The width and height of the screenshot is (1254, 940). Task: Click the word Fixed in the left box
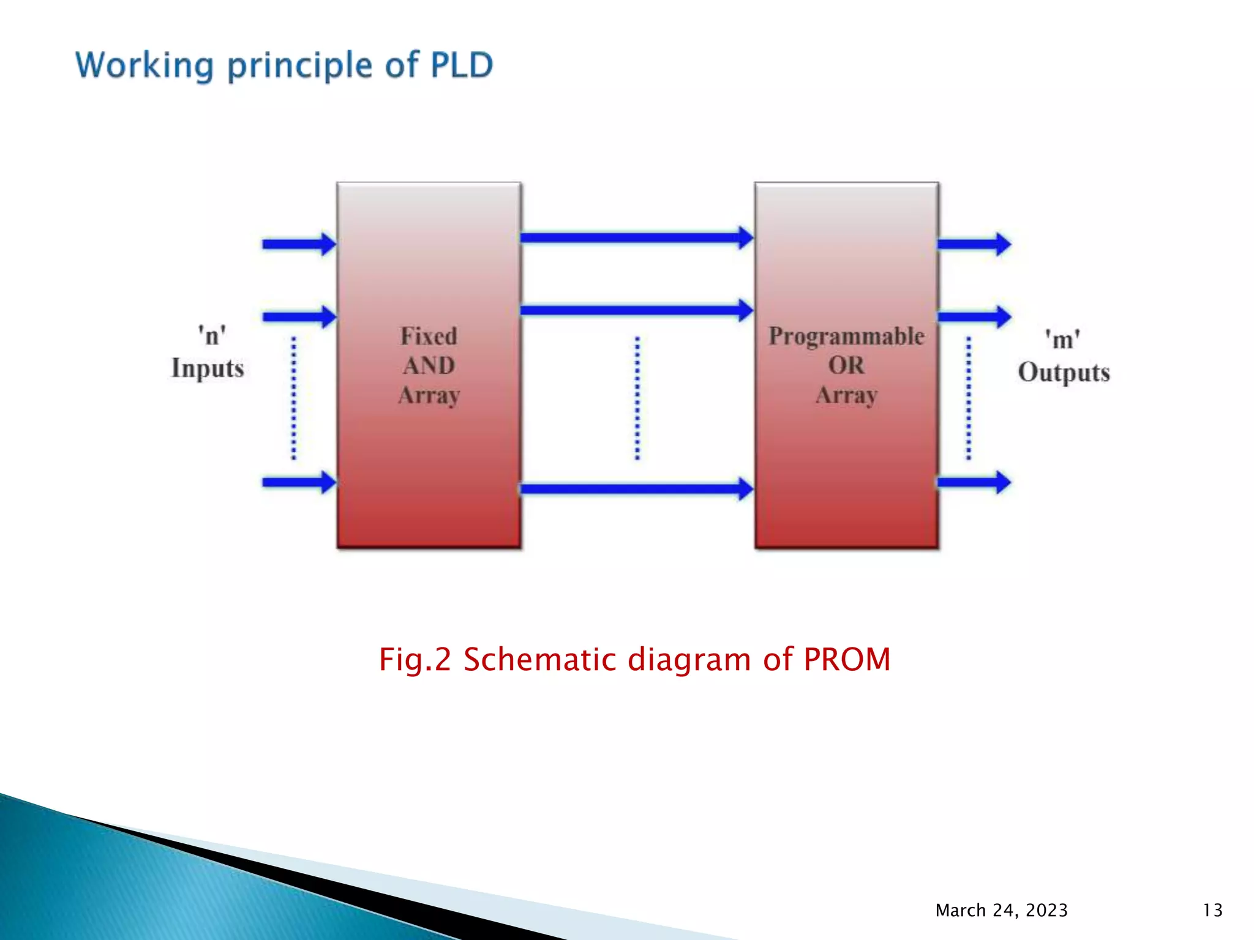(429, 336)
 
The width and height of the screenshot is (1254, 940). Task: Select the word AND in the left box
(429, 365)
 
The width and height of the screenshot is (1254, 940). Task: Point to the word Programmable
(846, 336)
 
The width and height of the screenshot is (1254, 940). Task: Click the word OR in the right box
(846, 365)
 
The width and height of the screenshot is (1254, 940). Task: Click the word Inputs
(208, 368)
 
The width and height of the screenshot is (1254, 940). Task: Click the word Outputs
(1064, 372)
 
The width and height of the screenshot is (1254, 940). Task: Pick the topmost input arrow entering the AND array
(299, 244)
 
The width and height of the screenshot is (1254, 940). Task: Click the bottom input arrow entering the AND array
(299, 482)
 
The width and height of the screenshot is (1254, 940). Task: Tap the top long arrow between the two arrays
(637, 238)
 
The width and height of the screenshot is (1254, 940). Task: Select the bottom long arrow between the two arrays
(637, 488)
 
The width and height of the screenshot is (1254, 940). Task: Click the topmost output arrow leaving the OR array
(974, 244)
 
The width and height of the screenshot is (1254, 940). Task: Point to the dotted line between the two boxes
(637, 398)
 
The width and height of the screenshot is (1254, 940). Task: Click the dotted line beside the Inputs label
(294, 398)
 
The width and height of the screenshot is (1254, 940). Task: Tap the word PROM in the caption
(846, 660)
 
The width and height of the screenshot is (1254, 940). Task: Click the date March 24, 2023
(1001, 910)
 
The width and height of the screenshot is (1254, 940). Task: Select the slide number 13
(1212, 910)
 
